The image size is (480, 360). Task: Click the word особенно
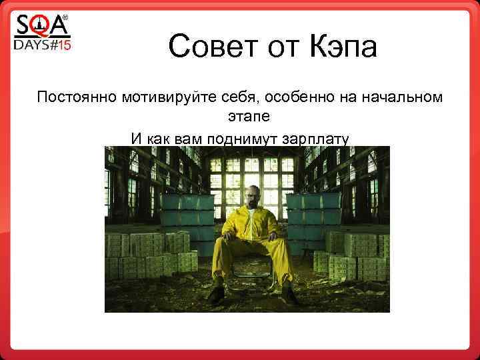pos(299,98)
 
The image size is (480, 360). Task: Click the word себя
pos(243,98)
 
